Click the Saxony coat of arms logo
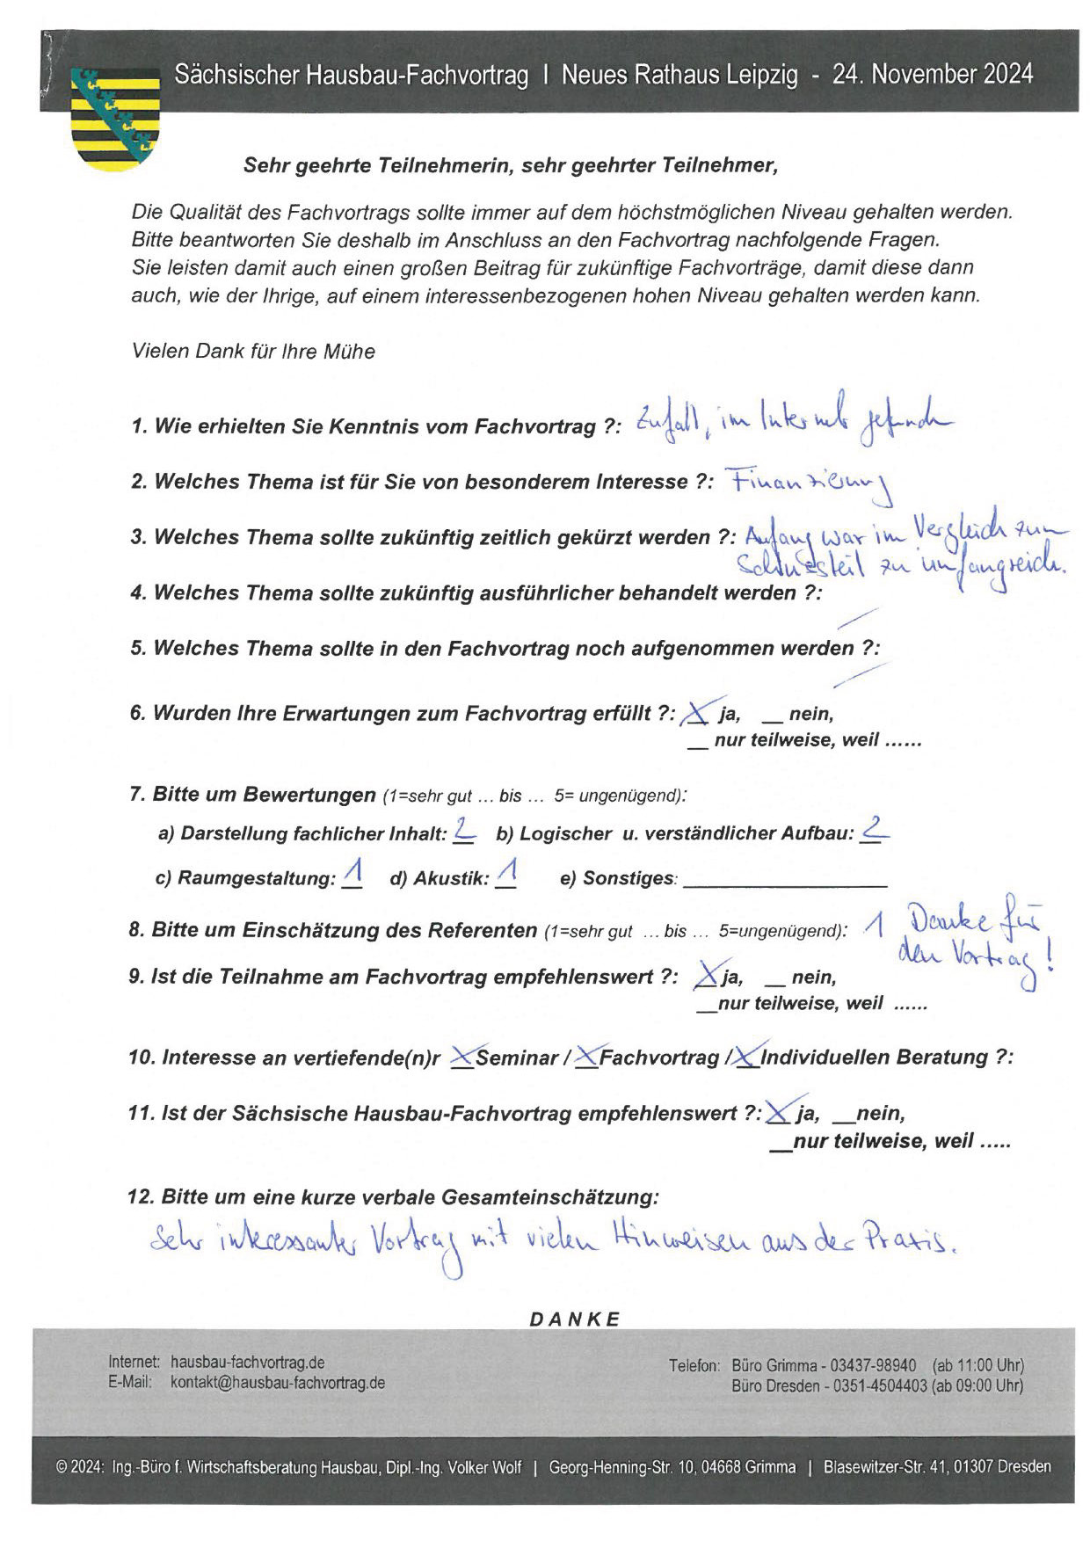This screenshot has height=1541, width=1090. (114, 119)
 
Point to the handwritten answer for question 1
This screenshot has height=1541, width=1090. (791, 424)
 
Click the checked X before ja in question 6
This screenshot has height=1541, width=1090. (696, 713)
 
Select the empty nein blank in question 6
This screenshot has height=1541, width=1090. (772, 719)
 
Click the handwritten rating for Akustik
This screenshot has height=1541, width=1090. (506, 874)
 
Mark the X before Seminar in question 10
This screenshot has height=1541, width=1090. (462, 1057)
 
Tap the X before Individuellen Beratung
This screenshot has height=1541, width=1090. (746, 1057)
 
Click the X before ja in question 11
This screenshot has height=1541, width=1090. (777, 1112)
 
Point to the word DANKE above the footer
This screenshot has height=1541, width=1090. (575, 1319)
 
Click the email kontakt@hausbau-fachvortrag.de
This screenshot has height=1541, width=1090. (277, 1383)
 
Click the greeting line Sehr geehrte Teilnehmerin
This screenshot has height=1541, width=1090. (510, 165)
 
